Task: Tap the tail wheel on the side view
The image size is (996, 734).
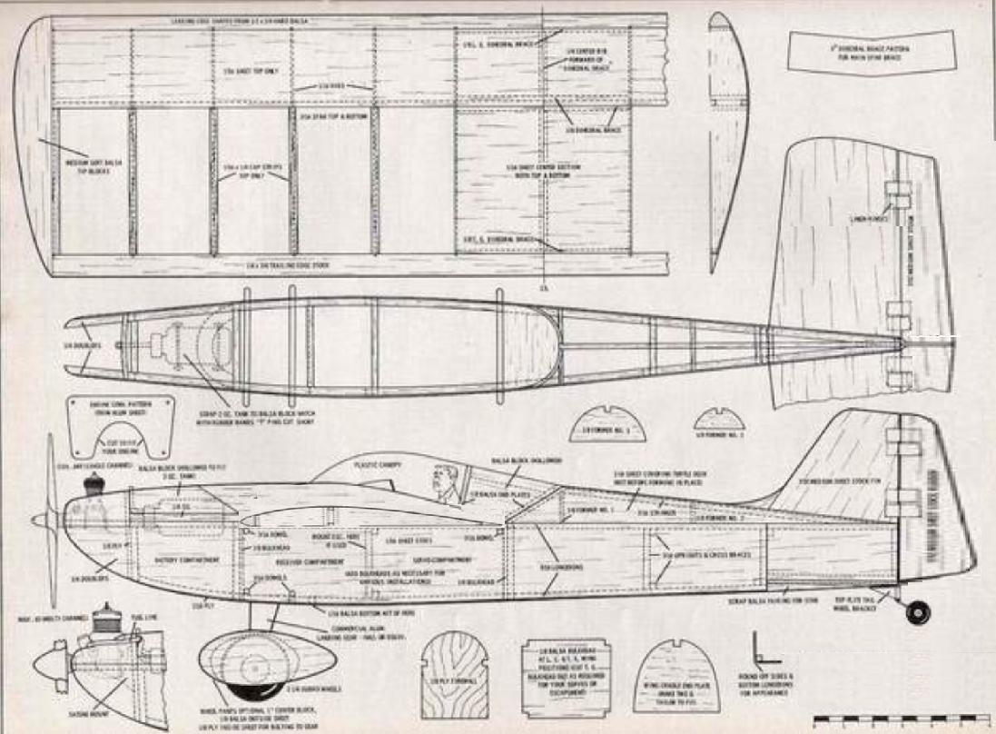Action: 917,612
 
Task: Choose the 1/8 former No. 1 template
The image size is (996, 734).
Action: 607,424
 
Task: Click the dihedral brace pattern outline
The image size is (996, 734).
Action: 873,52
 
